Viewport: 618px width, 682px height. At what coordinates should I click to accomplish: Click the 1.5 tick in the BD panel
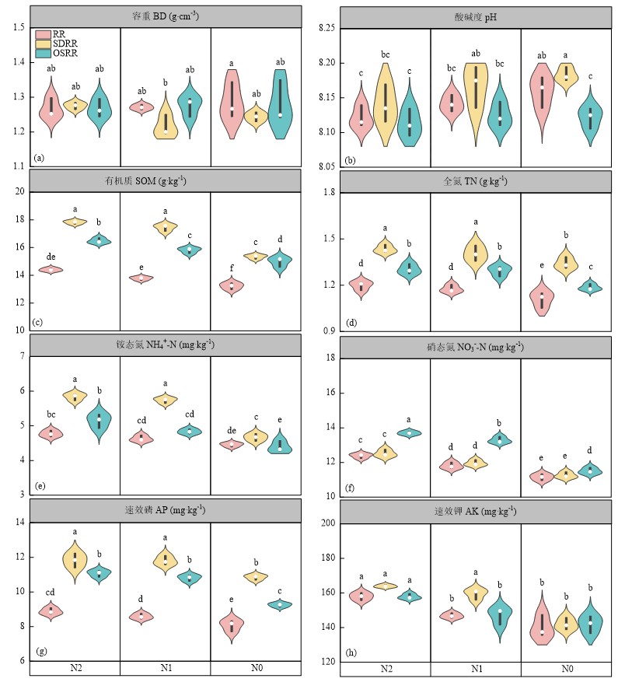tap(18, 28)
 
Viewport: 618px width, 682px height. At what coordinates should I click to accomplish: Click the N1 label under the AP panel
tap(165, 669)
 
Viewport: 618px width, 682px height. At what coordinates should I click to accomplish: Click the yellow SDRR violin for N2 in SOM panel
tap(75, 222)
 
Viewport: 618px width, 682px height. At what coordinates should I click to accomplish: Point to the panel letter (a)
tap(39, 159)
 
